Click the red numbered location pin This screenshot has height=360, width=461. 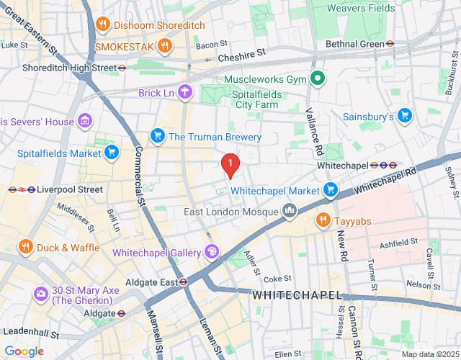click(230, 166)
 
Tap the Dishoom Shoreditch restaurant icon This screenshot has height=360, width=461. click(103, 24)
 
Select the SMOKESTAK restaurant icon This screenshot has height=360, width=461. click(166, 45)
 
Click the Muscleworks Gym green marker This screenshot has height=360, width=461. click(317, 79)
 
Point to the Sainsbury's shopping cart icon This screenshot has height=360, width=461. click(405, 115)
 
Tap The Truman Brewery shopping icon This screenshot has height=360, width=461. click(157, 136)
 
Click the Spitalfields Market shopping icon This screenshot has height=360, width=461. click(111, 152)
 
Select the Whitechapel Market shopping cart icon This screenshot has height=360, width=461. click(331, 190)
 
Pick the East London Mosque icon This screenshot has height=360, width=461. click(290, 211)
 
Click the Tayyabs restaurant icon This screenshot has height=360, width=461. click(323, 220)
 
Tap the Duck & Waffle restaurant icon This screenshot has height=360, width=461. click(26, 247)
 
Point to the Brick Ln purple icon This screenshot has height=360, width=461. click(186, 91)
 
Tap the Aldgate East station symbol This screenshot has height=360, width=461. click(184, 282)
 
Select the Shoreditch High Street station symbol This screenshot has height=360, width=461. click(122, 68)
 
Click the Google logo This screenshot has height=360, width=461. click(24, 351)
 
